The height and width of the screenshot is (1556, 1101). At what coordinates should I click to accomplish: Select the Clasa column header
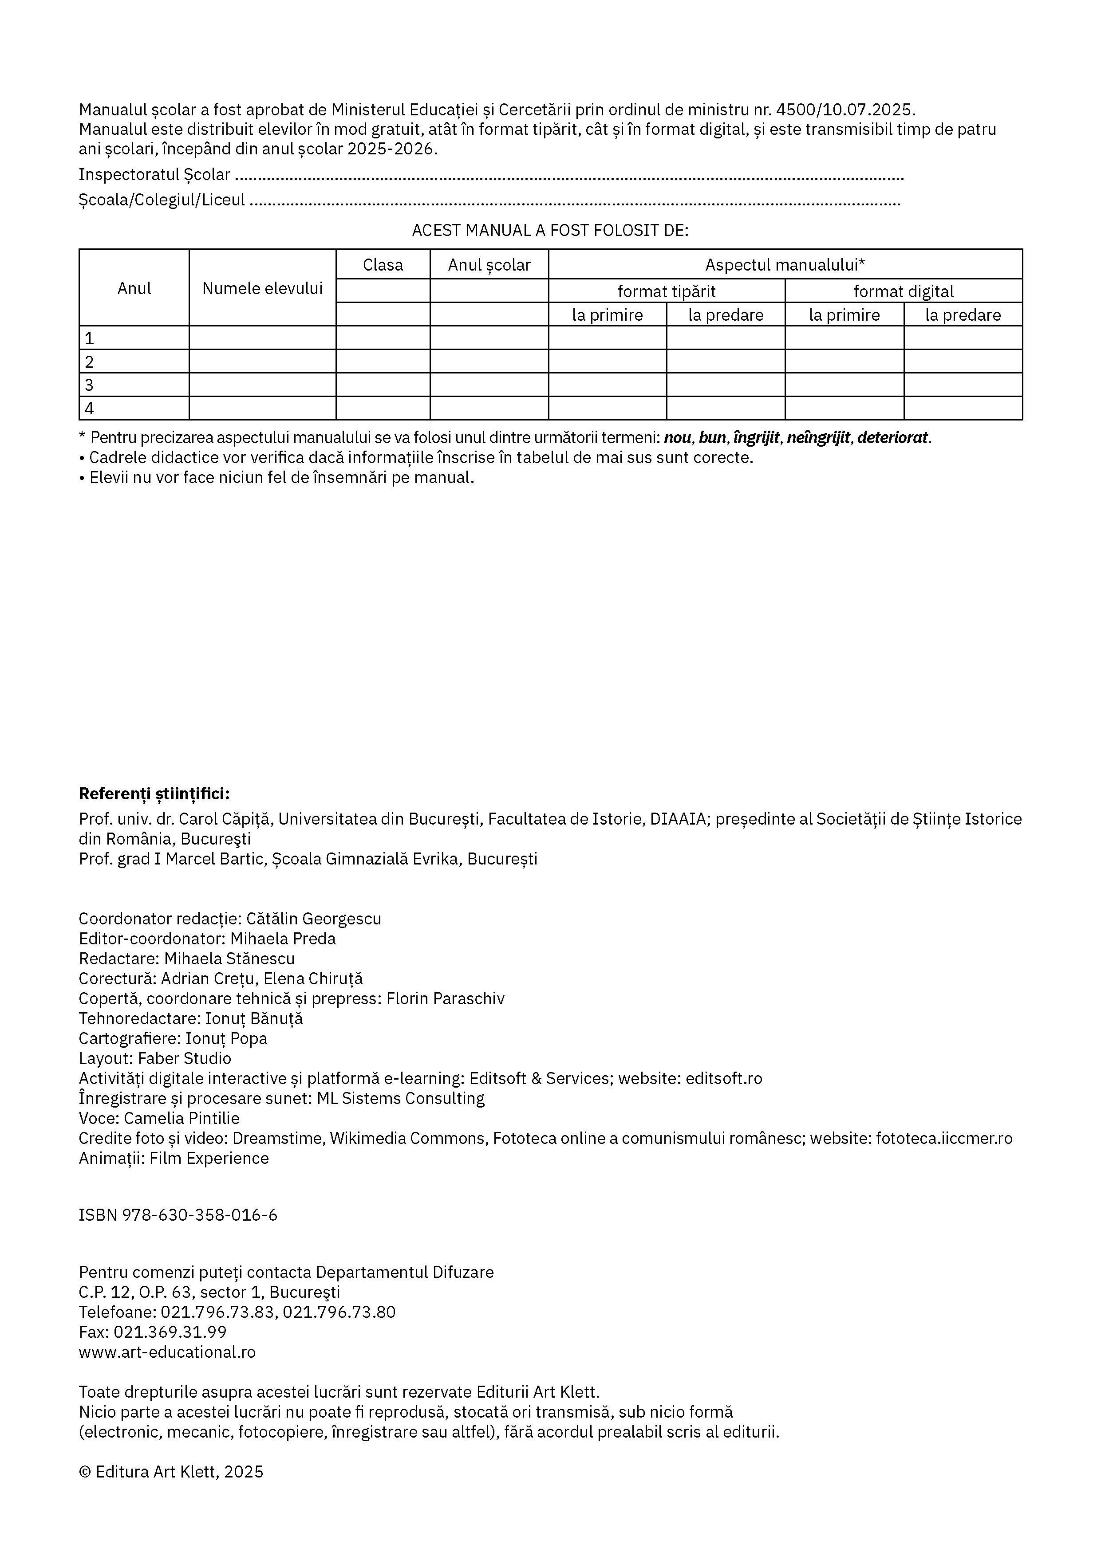383,264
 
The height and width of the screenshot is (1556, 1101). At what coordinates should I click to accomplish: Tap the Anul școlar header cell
489,264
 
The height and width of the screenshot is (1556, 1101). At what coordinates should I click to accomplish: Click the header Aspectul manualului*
785,264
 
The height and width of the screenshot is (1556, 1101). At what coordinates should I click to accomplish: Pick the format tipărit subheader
667,291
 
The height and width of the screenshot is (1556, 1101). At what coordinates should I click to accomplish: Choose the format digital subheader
903,291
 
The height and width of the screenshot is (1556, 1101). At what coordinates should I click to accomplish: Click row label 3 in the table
89,385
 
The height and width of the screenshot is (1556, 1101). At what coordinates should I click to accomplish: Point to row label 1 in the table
89,338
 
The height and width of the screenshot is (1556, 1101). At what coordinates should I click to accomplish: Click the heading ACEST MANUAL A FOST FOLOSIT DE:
550,230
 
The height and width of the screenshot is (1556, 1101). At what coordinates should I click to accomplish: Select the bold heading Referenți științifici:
154,794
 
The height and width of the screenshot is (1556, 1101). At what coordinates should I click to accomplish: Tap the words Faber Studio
185,1059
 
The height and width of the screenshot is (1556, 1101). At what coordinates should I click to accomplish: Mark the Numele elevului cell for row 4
262,408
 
